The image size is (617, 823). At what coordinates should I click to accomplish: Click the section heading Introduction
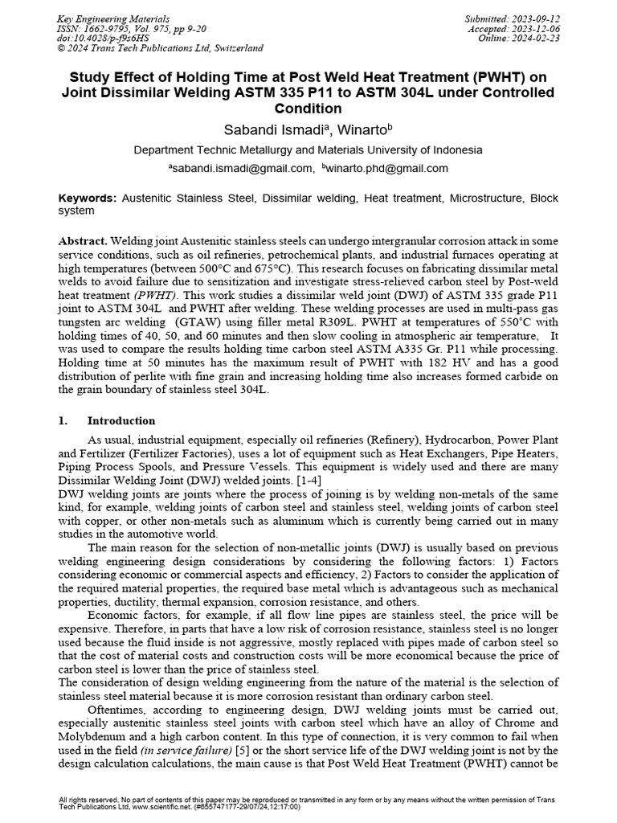tap(121, 421)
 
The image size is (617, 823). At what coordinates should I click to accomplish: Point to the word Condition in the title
tap(308, 109)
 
